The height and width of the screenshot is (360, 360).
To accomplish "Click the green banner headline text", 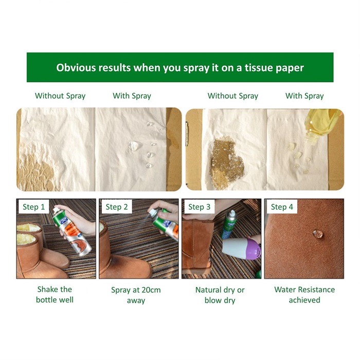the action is [180, 68].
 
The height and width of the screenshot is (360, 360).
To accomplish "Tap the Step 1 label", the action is [34, 207].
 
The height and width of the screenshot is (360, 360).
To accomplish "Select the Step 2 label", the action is [117, 207].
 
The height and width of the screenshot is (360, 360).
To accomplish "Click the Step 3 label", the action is [200, 207].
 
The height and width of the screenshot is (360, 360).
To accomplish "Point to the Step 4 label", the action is [282, 207].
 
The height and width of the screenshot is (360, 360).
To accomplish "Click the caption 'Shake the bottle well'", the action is [55, 295].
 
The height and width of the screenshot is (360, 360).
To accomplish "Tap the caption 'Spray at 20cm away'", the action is [136, 295].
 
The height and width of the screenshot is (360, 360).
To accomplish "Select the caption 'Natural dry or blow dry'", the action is [220, 295].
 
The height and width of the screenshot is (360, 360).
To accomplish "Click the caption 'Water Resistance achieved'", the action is [304, 295].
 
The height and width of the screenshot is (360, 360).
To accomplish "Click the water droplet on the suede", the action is [318, 233].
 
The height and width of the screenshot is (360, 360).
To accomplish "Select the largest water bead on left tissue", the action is [134, 146].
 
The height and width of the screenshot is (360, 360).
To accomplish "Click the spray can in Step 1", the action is [71, 232].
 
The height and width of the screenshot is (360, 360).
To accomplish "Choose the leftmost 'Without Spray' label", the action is [60, 96].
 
